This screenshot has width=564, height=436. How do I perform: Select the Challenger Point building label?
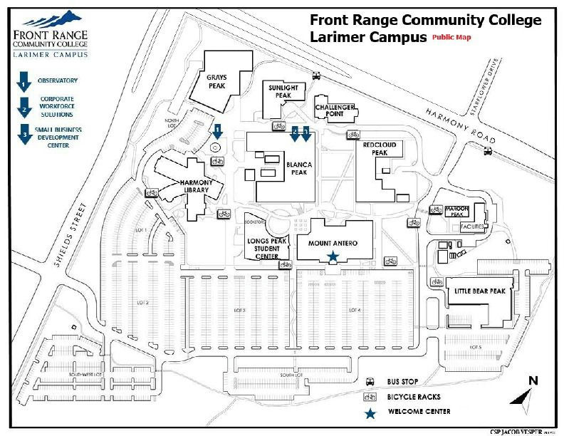335,110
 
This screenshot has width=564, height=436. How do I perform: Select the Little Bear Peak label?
479,291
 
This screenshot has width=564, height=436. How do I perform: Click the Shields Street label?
69,235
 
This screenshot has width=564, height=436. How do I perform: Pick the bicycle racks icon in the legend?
370,397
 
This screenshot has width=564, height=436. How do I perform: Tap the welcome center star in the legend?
370,412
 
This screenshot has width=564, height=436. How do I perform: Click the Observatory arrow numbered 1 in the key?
23,81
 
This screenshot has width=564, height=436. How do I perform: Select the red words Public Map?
451,37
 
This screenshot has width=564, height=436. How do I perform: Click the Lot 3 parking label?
239,311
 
